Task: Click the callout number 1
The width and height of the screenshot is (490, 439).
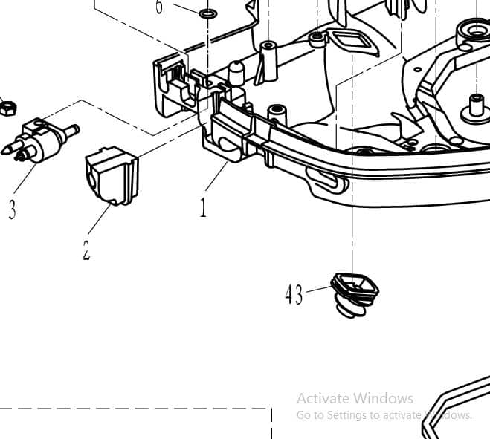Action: [204, 207]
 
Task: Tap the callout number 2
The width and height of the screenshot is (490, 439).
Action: [86, 250]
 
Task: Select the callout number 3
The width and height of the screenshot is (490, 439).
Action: [12, 209]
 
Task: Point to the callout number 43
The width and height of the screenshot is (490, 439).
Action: [294, 295]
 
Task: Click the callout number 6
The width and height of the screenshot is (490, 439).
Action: [159, 6]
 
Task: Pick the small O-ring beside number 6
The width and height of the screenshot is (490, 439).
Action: [208, 13]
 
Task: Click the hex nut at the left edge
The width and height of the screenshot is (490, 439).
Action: [8, 108]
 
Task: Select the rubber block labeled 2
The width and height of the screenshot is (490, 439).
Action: [112, 176]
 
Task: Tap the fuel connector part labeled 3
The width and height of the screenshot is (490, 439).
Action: [40, 140]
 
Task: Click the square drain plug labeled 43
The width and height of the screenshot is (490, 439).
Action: [355, 295]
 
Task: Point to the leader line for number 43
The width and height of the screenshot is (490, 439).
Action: [319, 289]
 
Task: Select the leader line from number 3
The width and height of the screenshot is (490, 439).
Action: [25, 178]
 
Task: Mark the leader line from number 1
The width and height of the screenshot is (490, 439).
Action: [216, 176]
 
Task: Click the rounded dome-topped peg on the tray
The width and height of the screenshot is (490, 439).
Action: [236, 73]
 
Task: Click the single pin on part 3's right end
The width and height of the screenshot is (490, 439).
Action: [71, 130]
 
